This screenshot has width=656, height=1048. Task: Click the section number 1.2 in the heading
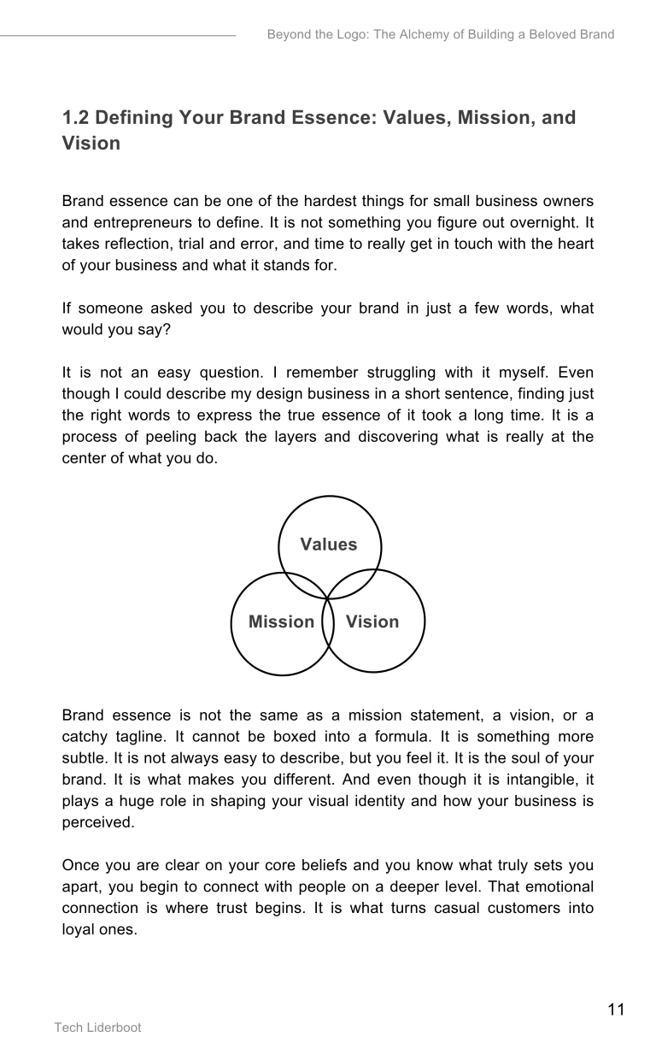tap(76, 117)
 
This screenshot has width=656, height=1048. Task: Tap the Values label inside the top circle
tap(329, 545)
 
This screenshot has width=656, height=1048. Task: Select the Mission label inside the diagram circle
tap(281, 621)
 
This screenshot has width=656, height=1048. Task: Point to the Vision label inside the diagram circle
tap(372, 621)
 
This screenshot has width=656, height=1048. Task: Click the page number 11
tap(616, 1010)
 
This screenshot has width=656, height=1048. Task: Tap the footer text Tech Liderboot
tap(98, 1027)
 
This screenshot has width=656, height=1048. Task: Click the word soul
tap(527, 757)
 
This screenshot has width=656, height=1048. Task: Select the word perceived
tap(98, 821)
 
